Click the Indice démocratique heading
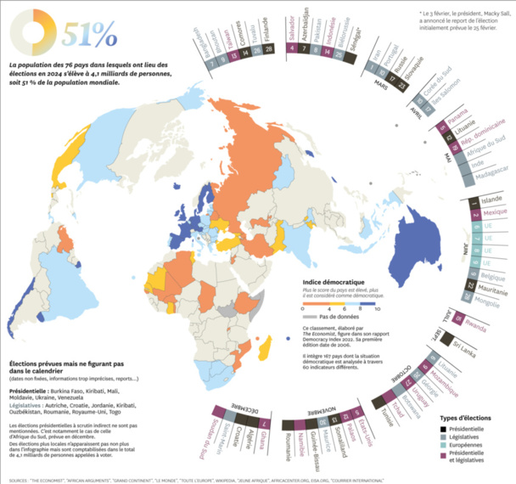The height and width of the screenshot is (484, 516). coord(334,281)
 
